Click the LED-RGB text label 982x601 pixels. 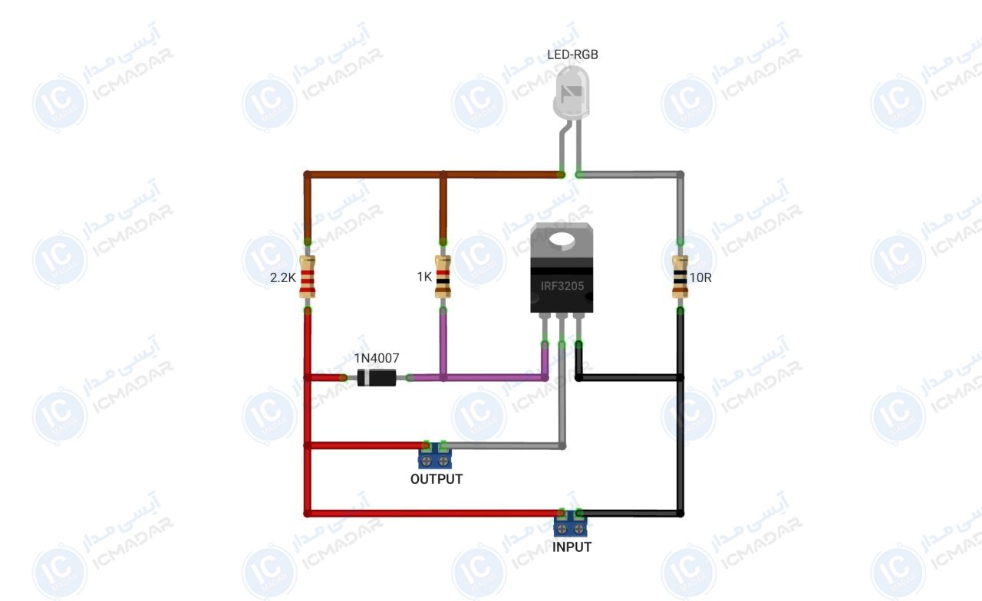(572, 54)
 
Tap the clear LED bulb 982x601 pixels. (572, 93)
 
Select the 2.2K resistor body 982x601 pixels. (308, 277)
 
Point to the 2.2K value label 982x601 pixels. (283, 278)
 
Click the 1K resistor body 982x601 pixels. (443, 277)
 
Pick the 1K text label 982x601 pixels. (424, 277)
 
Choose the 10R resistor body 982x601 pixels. (680, 277)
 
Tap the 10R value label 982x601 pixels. (700, 278)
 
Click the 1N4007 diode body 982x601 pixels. (377, 378)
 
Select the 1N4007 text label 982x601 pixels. (377, 358)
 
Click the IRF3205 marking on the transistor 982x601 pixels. (562, 286)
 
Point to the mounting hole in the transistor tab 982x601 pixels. (562, 239)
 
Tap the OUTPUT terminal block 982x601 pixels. (435, 455)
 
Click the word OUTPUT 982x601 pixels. (437, 479)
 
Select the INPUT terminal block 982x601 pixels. (570, 523)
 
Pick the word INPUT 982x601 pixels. (572, 547)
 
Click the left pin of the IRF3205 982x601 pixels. (545, 329)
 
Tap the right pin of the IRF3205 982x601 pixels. (578, 329)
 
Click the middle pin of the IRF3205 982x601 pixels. (562, 329)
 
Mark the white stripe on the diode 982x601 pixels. (367, 378)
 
